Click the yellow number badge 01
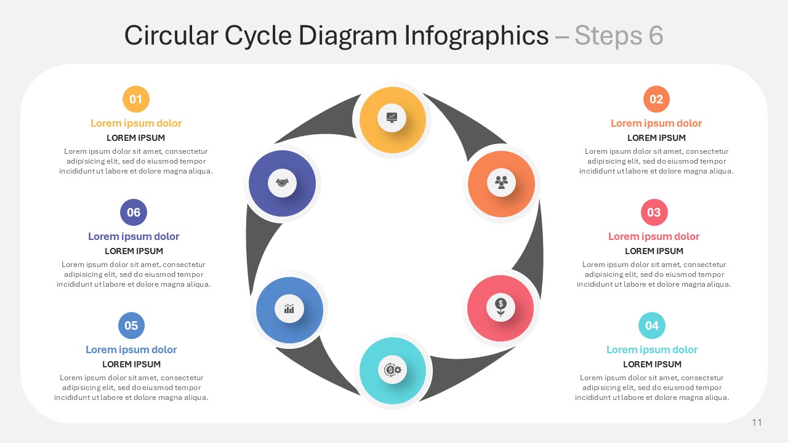[x=136, y=99]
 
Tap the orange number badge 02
[x=656, y=99]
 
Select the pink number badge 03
[x=654, y=212]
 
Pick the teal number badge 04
[x=652, y=325]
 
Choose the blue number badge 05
[x=131, y=325]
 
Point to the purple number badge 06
[x=134, y=212]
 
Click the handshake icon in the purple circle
[x=282, y=183]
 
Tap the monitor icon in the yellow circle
[x=392, y=117]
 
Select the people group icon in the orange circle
[x=501, y=183]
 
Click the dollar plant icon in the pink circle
[x=501, y=308]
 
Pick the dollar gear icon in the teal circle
[x=393, y=370]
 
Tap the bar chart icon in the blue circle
[x=289, y=309]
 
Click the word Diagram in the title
[x=348, y=36]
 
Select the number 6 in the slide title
[x=656, y=36]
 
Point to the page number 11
[x=757, y=422]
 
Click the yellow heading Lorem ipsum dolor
[x=136, y=123]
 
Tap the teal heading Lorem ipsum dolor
[x=652, y=349]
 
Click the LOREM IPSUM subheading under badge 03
[x=654, y=251]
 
